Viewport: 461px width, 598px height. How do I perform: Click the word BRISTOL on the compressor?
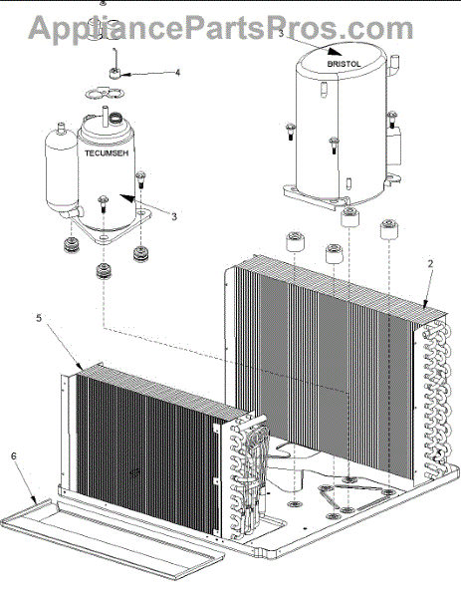(344, 64)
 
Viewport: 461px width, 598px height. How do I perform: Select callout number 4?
(177, 73)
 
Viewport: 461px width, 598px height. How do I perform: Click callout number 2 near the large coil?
(430, 264)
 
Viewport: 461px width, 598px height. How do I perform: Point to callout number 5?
(39, 318)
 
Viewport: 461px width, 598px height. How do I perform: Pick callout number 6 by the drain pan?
(14, 456)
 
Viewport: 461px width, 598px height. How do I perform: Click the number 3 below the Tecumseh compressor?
(174, 216)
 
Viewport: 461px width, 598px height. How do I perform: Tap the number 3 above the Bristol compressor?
(281, 34)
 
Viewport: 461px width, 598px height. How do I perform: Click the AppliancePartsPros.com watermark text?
(221, 28)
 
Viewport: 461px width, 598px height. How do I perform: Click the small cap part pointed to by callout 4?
(115, 73)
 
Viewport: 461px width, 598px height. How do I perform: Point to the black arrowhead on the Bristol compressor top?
(336, 52)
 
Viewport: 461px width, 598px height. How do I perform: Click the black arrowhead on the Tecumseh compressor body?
(127, 198)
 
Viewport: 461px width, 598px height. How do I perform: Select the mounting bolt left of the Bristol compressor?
(291, 131)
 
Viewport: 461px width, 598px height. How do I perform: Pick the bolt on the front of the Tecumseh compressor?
(104, 203)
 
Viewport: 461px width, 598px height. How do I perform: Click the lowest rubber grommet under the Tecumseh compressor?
(104, 271)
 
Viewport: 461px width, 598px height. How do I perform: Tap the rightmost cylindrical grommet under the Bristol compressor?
(389, 229)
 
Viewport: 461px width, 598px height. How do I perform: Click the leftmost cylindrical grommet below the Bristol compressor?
(295, 241)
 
